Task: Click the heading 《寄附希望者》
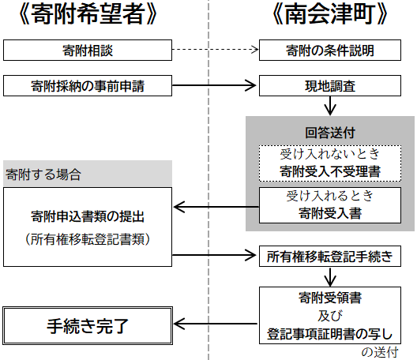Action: [x=88, y=14]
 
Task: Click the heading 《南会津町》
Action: [x=330, y=14]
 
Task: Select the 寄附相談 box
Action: [x=88, y=51]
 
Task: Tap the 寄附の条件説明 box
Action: [x=330, y=51]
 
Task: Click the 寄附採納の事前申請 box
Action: [x=88, y=85]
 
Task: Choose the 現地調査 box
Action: [x=330, y=85]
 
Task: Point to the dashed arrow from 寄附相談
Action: [x=216, y=49]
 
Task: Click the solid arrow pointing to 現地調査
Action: [x=214, y=85]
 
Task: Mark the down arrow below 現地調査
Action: [x=330, y=106]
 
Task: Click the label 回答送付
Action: [x=330, y=133]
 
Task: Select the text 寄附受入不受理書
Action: [x=330, y=171]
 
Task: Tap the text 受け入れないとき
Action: [x=330, y=154]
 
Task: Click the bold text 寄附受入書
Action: [x=330, y=213]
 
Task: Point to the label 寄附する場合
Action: [x=43, y=174]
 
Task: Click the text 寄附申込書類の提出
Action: [x=88, y=216]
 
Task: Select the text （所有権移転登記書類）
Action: [x=88, y=239]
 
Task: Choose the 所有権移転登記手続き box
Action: [x=330, y=257]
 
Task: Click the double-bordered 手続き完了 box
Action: [x=88, y=326]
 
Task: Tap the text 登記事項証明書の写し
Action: [x=330, y=334]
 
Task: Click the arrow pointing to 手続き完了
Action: [x=216, y=324]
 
